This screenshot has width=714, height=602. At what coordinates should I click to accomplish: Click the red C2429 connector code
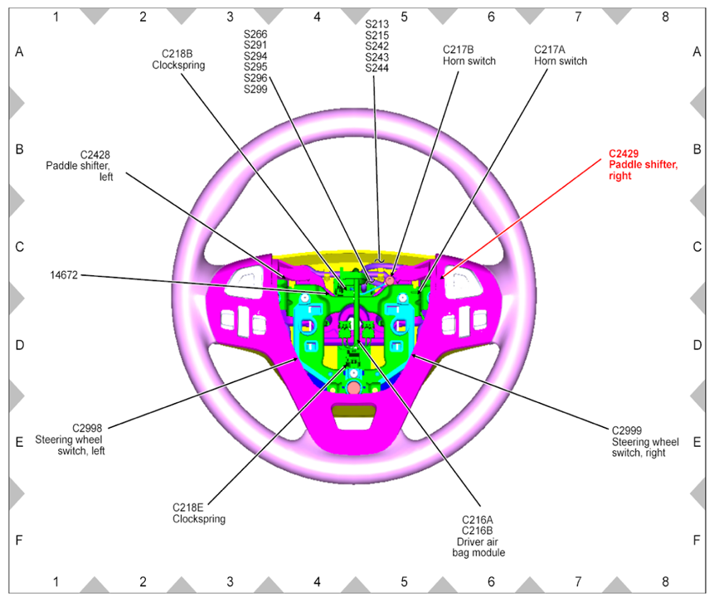click(624, 154)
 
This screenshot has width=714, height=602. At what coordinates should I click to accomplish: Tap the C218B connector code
click(172, 53)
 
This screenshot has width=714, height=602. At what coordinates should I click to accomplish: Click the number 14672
click(63, 275)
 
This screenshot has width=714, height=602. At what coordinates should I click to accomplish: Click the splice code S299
click(255, 90)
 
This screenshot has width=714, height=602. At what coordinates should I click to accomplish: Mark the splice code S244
click(376, 68)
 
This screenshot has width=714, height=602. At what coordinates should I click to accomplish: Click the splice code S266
click(255, 35)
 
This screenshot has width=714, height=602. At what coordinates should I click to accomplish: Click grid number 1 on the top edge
click(56, 16)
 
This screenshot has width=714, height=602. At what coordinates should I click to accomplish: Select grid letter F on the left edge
click(18, 540)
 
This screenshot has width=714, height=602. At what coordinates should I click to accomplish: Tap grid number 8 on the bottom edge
click(664, 584)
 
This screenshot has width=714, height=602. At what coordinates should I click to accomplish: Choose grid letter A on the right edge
click(697, 51)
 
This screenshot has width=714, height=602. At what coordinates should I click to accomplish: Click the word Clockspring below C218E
click(199, 519)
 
